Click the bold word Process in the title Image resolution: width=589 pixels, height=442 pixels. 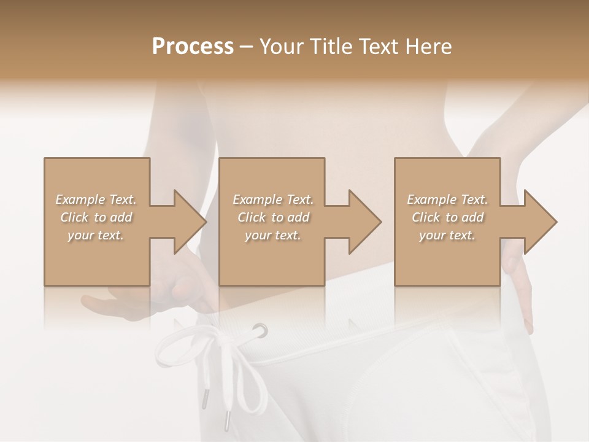click(x=193, y=47)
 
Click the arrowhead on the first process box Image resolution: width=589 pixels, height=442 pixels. click(x=188, y=222)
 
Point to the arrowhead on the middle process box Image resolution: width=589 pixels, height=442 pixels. click(x=363, y=222)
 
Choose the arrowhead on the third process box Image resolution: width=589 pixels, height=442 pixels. click(x=539, y=222)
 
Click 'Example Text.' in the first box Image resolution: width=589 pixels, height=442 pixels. click(x=96, y=200)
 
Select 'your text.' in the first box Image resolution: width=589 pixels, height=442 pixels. click(x=96, y=235)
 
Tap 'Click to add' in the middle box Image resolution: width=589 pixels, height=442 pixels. click(x=274, y=217)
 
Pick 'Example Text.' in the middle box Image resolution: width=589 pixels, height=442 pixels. click(x=274, y=200)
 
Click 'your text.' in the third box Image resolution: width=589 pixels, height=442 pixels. click(x=447, y=235)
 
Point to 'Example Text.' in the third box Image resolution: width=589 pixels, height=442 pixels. click(x=447, y=200)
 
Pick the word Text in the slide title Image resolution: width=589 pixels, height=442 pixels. click(x=378, y=47)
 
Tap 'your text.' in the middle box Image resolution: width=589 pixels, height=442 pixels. click(x=274, y=235)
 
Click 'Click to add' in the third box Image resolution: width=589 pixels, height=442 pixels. click(x=447, y=217)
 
